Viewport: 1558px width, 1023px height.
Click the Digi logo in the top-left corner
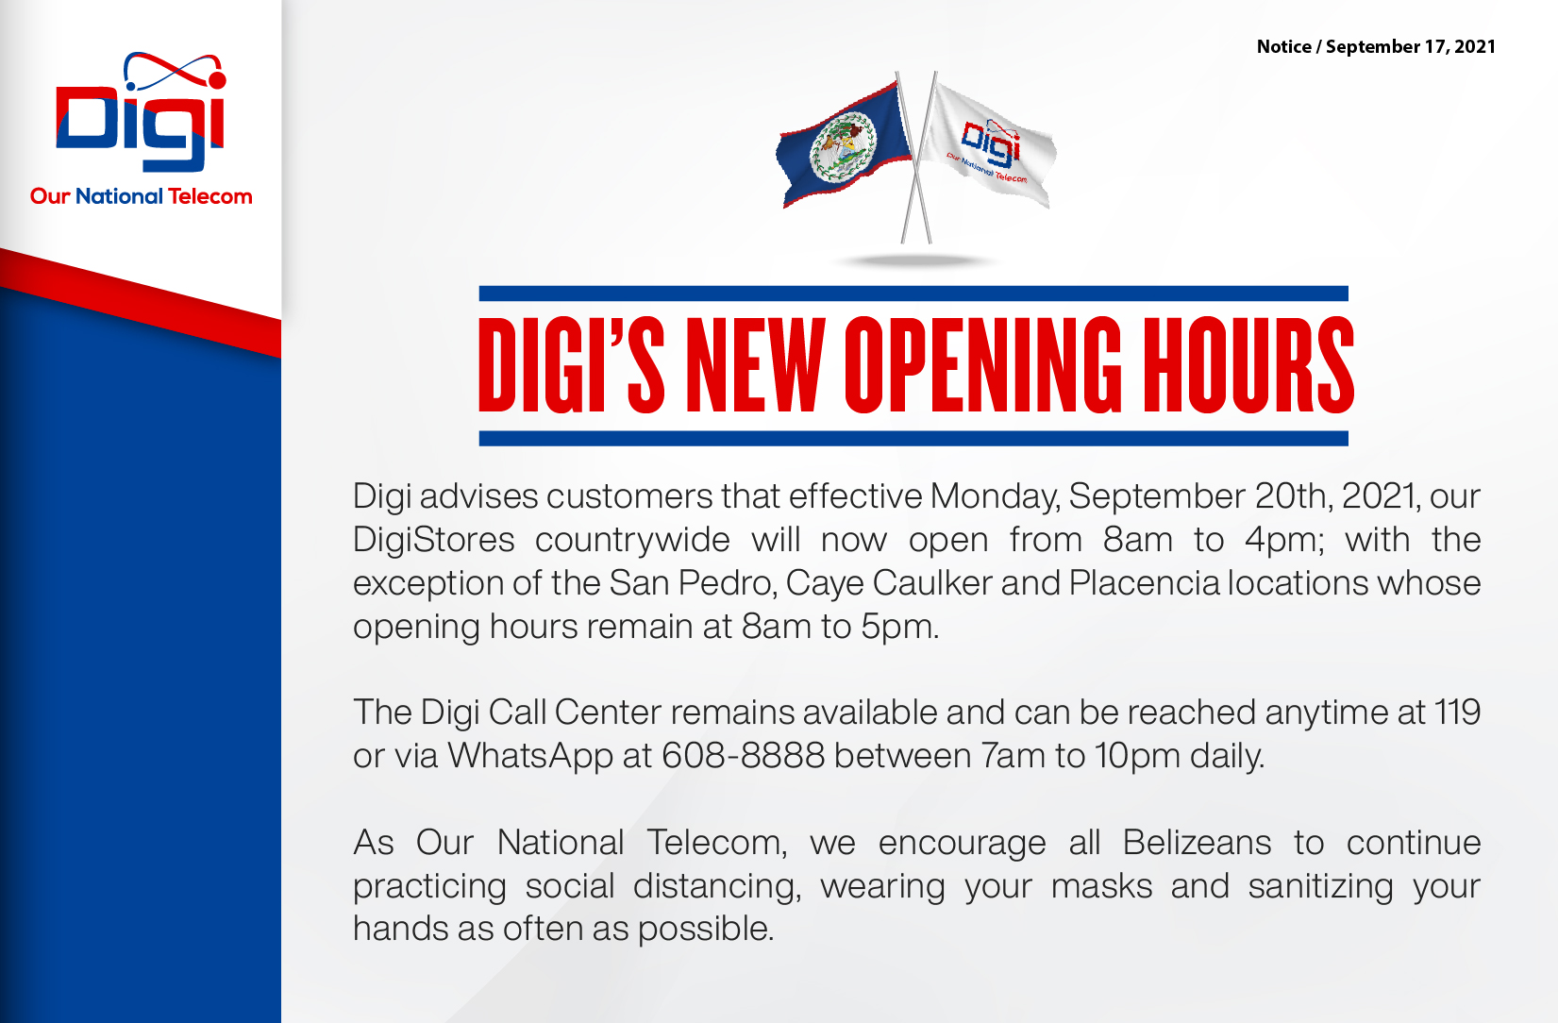click(141, 111)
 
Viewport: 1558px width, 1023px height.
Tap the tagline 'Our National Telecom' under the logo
click(141, 196)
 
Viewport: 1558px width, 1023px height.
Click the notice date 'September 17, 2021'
click(1411, 46)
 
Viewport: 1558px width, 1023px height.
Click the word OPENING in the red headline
click(982, 364)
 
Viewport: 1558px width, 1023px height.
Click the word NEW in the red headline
click(755, 364)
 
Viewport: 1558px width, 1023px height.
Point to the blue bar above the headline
click(913, 293)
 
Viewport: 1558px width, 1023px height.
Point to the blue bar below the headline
click(913, 438)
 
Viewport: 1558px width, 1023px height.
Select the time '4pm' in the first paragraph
click(1284, 541)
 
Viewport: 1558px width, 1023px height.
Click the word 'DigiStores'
click(433, 541)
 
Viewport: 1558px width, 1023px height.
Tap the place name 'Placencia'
click(1144, 583)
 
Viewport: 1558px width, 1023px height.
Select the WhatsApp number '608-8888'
click(743, 756)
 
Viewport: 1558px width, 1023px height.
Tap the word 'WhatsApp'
click(530, 757)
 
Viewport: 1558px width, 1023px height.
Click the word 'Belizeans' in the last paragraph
click(1197, 843)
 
